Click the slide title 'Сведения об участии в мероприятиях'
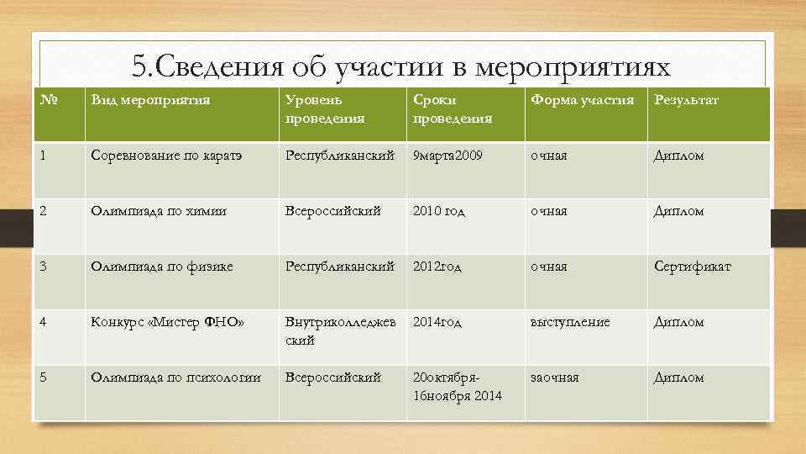click(403, 66)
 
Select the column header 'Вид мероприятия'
click(150, 101)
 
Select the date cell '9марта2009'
click(447, 156)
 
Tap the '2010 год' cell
click(441, 211)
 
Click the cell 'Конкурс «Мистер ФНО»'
click(156, 322)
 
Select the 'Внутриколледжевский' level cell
click(339, 331)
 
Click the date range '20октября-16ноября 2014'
click(458, 386)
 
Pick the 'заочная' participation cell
click(554, 377)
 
